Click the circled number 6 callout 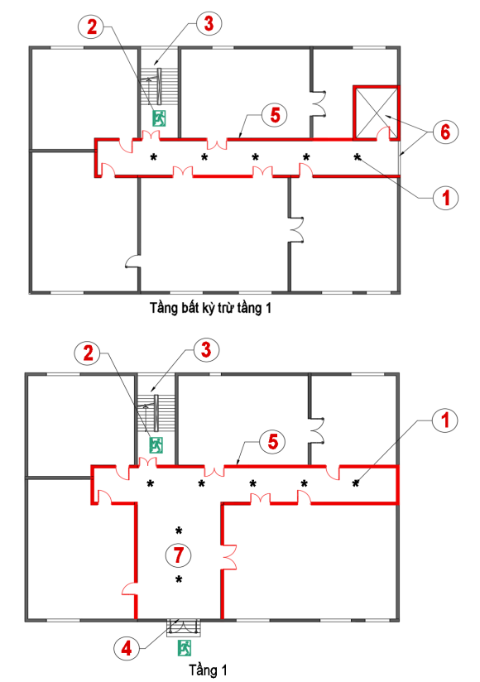[445, 132]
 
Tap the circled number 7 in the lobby [178, 555]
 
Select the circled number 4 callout [127, 649]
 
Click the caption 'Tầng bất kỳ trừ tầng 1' [211, 308]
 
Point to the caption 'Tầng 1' [208, 670]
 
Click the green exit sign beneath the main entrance [185, 647]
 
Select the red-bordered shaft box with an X [376, 113]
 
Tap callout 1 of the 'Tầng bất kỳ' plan [445, 198]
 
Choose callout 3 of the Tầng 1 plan [206, 350]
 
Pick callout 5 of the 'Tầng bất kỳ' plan [275, 115]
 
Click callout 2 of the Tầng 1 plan [88, 353]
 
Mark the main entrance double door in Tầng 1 [184, 626]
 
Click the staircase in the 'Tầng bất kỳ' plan [159, 86]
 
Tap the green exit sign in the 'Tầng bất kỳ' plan [159, 118]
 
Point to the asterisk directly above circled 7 [179, 531]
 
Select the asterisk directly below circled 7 [179, 579]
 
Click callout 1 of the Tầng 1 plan [445, 420]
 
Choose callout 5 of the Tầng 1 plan [272, 442]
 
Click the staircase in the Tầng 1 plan [156, 412]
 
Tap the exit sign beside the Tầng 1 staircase [156, 445]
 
